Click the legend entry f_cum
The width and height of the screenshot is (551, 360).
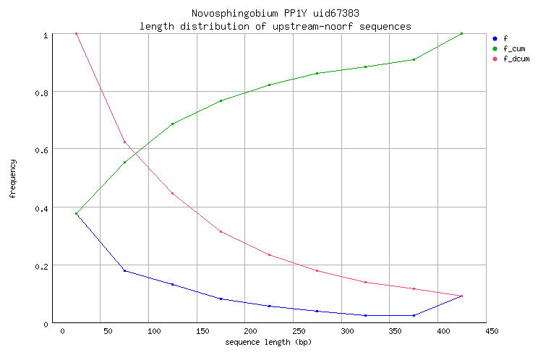click(x=513, y=48)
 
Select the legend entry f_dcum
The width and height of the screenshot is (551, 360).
click(x=516, y=59)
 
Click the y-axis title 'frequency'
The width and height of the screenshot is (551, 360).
click(x=12, y=179)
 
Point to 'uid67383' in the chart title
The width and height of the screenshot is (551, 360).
click(x=336, y=14)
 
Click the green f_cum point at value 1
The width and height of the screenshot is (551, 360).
click(x=461, y=33)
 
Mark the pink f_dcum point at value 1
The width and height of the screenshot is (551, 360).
click(x=76, y=33)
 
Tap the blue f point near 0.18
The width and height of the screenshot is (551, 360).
click(x=124, y=270)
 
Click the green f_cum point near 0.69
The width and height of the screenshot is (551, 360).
click(x=172, y=124)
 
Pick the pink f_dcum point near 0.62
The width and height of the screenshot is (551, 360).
click(x=124, y=142)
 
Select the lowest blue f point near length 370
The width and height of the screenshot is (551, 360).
click(x=414, y=315)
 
